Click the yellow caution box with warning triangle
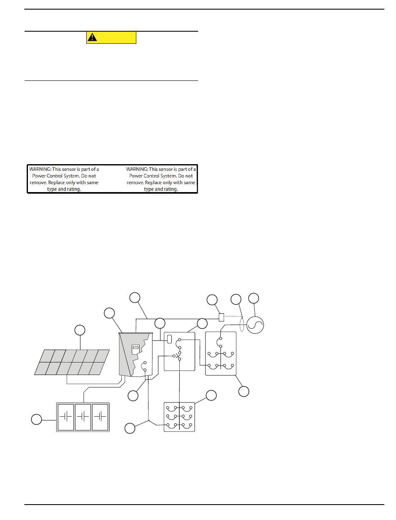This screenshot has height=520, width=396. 111,37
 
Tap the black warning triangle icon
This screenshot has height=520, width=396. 92,37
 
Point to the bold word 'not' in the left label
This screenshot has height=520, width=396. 92,176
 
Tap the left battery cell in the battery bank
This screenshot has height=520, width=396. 66,417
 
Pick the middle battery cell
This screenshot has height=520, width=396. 83,417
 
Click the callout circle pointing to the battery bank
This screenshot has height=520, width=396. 37,419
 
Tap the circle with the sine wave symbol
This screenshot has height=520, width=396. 255,325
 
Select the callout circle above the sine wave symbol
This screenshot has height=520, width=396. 253,298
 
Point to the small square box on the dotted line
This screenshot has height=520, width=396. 221,317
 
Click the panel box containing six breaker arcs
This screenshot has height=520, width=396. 179,417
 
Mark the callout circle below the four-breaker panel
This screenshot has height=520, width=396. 244,391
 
